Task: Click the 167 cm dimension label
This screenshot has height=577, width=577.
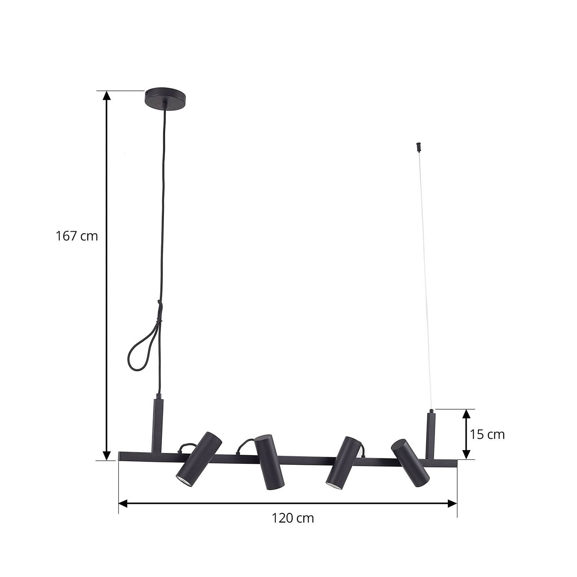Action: [77, 236]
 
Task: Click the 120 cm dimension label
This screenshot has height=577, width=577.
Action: [293, 518]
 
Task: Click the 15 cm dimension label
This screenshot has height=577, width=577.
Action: [487, 435]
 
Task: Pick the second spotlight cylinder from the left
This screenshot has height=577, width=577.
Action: [269, 462]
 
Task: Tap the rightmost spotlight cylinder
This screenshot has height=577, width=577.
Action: [410, 463]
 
